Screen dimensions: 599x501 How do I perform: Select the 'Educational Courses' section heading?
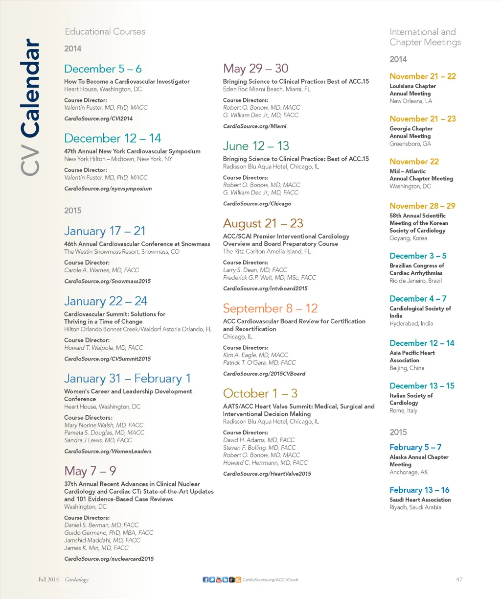(105, 32)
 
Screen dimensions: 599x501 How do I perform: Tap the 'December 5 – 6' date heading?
(103, 69)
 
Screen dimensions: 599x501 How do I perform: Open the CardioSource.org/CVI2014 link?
(98, 119)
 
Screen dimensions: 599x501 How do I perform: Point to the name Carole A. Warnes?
(101, 270)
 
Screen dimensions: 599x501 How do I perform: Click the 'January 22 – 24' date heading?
(106, 301)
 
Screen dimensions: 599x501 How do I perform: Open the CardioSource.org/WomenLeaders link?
(108, 452)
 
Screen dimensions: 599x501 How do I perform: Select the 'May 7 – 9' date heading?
(90, 471)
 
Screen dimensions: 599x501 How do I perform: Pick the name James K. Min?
(96, 548)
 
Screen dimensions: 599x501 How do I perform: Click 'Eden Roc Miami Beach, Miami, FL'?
(267, 89)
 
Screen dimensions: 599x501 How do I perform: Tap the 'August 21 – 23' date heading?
(263, 224)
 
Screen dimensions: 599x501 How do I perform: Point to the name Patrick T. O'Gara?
(259, 362)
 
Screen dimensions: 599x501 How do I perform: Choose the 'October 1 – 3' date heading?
(260, 394)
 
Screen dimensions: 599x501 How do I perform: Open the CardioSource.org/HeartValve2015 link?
(267, 474)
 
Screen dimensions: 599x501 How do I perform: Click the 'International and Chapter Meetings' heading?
(425, 37)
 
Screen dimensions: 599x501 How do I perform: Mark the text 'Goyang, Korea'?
(408, 238)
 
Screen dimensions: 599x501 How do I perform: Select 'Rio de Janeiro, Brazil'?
(415, 281)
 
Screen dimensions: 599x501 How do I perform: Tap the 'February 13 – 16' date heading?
(419, 490)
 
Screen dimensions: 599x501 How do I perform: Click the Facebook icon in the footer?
(205, 580)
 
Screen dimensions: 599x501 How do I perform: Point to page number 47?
(459, 579)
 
